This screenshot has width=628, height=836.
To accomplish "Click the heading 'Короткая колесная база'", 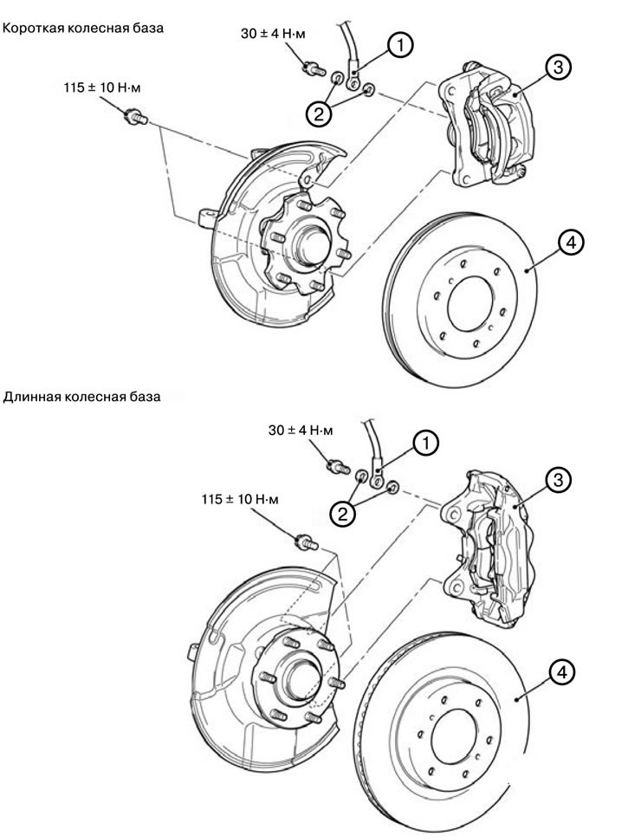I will pos(83,28).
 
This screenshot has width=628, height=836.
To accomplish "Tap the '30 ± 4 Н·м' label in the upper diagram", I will pos(273,35).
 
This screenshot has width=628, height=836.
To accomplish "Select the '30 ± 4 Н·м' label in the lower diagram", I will pos(298,431).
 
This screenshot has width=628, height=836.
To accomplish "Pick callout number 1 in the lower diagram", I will pos(424,444).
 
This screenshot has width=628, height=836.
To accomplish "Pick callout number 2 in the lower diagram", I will pos(344,515).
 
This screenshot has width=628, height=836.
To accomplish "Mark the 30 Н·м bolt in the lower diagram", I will pos(333,465).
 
